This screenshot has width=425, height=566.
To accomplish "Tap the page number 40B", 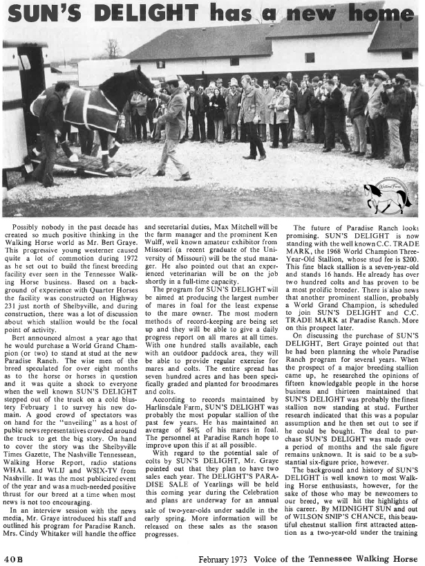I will coord(14,558).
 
